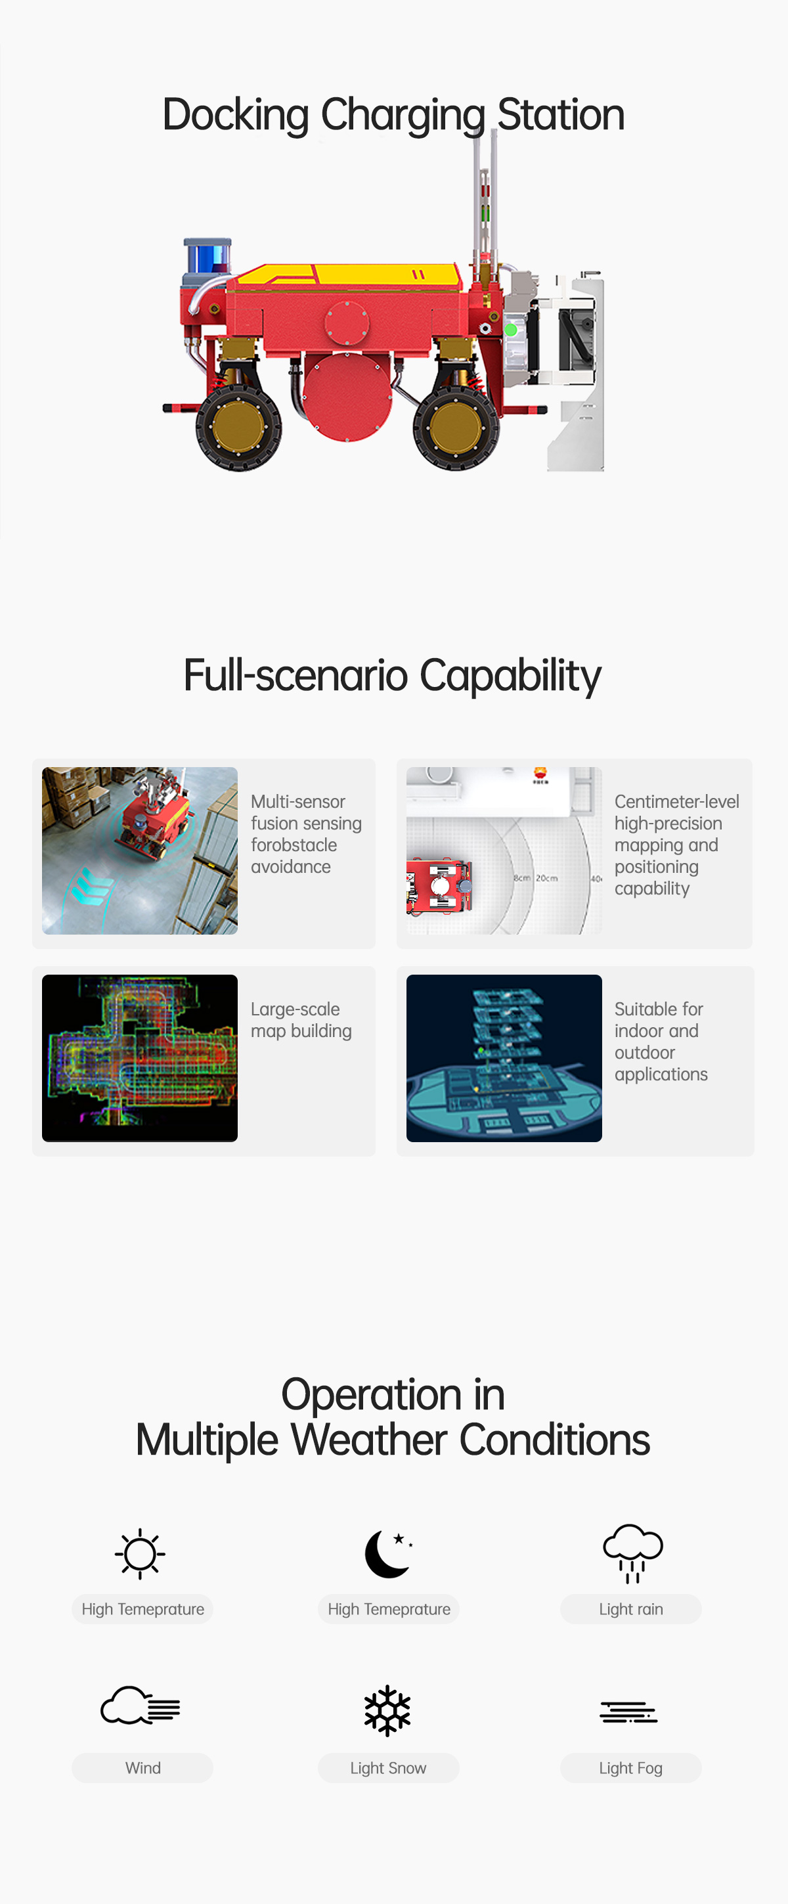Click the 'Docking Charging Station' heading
point(393,116)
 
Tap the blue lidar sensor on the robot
point(208,255)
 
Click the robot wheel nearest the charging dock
point(456,427)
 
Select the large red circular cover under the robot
point(347,397)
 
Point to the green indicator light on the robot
point(510,330)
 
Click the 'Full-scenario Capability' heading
point(393,676)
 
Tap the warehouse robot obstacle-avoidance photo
point(140,851)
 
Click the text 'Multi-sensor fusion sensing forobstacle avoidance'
point(306,833)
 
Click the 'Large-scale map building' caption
point(301,1020)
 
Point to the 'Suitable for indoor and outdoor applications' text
point(661,1042)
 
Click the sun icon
point(140,1554)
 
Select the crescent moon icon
point(387,1554)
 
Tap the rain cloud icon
point(633,1554)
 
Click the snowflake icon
point(387,1710)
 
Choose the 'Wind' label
point(142,1768)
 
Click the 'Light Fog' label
point(630,1768)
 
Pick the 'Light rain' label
point(630,1609)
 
